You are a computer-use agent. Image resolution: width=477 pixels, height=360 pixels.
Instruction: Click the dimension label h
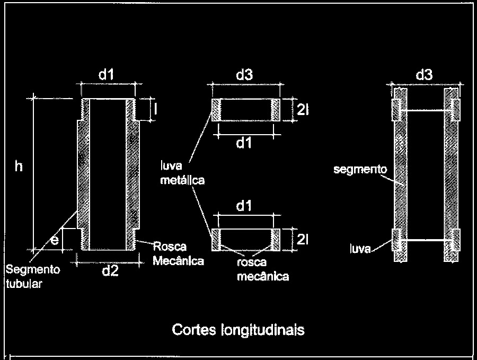pos(19,166)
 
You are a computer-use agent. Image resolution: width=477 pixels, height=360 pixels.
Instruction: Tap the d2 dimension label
pos(110,270)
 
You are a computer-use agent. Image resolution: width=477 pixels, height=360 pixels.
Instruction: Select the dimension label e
pos(55,241)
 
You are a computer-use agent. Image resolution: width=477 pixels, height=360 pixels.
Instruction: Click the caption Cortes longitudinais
pos(238,330)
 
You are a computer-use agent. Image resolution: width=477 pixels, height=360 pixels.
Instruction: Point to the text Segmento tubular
pos(33,277)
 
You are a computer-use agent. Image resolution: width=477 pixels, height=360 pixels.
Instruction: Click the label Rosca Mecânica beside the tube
pos(178,253)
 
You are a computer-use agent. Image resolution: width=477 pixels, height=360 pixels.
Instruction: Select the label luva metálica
pos(182,173)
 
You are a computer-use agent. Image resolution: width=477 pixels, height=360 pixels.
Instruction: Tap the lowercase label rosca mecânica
pos(263,269)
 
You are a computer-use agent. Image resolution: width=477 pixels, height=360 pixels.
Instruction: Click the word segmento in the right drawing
pos(360,170)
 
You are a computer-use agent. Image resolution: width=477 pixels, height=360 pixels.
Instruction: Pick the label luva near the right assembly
pos(360,249)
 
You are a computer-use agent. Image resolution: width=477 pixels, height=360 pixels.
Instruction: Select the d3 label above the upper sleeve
pos(244,74)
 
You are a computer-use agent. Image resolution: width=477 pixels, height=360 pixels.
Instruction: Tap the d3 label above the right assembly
pos(425,74)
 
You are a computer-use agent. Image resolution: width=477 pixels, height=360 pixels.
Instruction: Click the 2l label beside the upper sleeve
pos(303,110)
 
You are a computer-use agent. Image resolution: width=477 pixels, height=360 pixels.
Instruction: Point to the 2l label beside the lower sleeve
pos(303,240)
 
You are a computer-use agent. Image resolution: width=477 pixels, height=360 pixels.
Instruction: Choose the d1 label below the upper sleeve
pos(244,143)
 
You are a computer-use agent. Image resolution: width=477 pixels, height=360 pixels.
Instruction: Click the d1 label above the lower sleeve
pos(244,206)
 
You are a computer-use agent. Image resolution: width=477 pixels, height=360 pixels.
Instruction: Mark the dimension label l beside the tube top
pos(155,109)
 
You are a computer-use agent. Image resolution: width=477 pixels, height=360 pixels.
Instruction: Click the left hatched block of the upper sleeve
pos(216,110)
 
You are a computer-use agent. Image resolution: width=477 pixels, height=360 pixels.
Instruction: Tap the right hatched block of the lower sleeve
pos(276,240)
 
